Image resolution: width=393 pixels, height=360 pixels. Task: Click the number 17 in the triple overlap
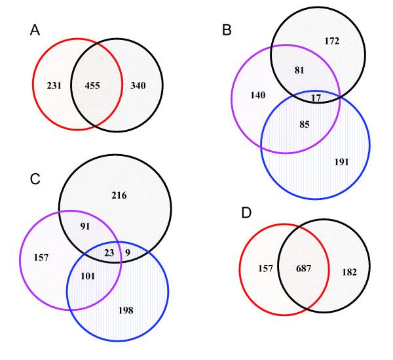tap(316, 98)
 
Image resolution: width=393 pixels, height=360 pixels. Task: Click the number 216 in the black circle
tap(119, 195)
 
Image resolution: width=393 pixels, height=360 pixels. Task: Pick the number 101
tap(87, 276)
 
